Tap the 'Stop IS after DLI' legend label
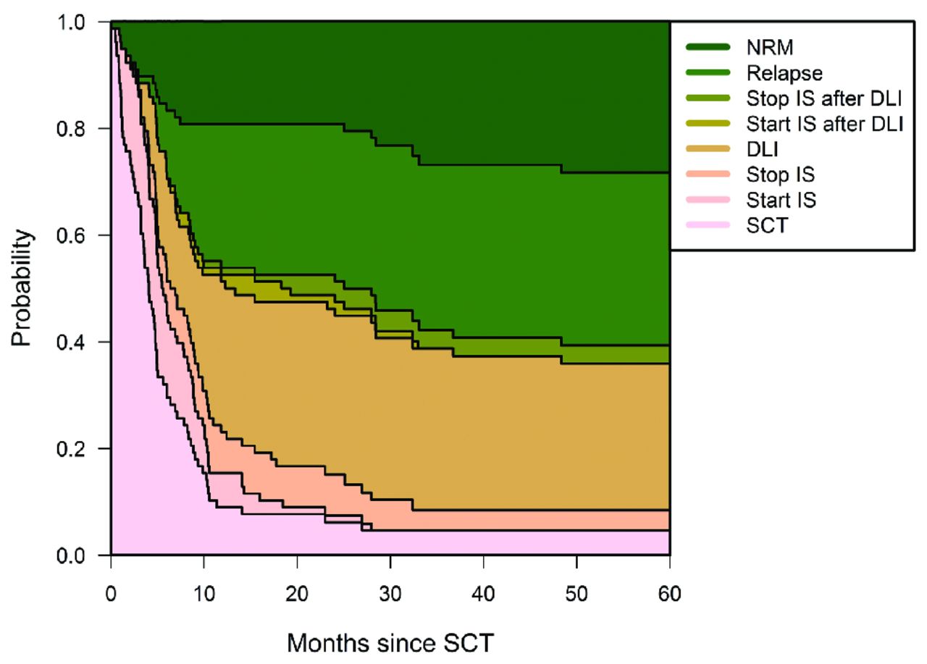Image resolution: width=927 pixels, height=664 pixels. (x=822, y=98)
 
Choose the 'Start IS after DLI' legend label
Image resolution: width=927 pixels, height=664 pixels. (x=824, y=124)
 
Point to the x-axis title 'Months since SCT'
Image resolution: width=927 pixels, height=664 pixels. (x=391, y=642)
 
